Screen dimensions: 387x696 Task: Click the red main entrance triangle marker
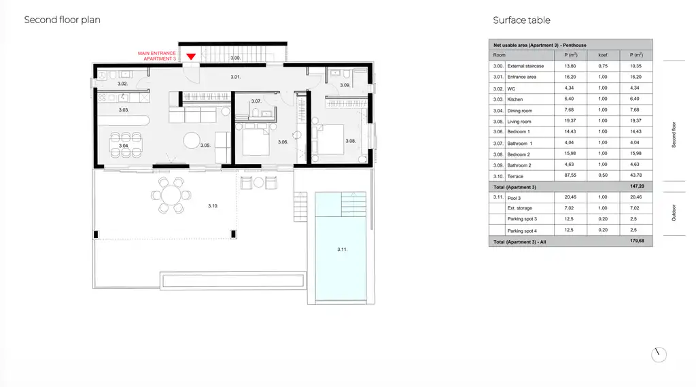point(191,56)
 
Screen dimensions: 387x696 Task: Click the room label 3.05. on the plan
point(205,146)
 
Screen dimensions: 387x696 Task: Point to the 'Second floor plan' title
point(62,20)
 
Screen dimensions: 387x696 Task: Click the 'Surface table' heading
point(521,20)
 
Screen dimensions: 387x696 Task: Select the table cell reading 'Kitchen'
point(515,99)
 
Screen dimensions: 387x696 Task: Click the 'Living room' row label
point(520,121)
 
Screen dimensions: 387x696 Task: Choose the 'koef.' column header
point(602,55)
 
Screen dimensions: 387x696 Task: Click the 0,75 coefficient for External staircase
point(602,66)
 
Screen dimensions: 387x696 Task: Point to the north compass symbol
point(658,354)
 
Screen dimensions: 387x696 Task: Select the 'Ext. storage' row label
point(519,208)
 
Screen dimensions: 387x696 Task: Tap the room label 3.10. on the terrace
point(213,205)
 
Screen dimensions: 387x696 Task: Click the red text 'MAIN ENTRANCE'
point(157,53)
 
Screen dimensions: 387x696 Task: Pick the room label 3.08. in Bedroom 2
point(350,141)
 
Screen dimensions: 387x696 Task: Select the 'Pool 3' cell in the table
point(517,197)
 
